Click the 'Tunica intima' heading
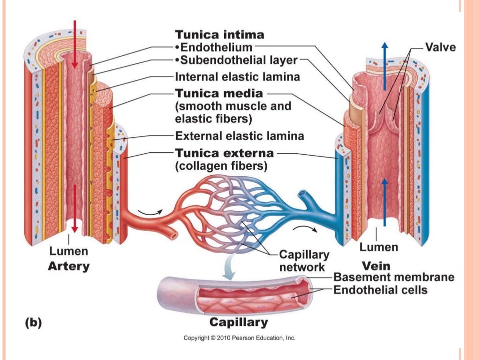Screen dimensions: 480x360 pos(219,35)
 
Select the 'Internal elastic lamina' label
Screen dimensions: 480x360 pos(237,76)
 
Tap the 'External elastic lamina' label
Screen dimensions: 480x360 pos(239,136)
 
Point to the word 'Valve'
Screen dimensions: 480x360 pos(440,47)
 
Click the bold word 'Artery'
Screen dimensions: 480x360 pos(68,266)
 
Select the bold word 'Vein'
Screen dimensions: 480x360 pos(377,265)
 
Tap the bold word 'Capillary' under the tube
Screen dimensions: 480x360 pos(239,322)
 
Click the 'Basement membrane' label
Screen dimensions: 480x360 pos(394,277)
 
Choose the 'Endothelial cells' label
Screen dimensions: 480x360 pos(380,290)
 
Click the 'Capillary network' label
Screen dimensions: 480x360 pos(304,261)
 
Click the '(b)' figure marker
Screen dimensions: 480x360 pos(33,322)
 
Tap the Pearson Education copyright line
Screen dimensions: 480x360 pos(239,337)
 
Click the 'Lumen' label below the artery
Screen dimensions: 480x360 pos(68,251)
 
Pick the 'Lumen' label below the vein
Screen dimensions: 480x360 pos(379,247)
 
